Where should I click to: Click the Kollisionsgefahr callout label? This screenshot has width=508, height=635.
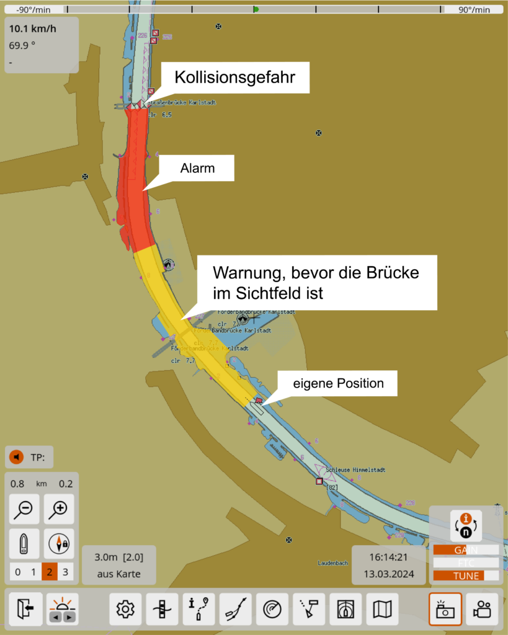click(234, 78)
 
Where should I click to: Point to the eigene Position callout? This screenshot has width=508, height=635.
click(339, 383)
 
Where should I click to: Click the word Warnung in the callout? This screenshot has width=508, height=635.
click(245, 273)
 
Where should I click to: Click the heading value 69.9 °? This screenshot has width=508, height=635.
click(22, 45)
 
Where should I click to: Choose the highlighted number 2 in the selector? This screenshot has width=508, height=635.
click(50, 572)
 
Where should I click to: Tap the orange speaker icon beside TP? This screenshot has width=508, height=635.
click(17, 458)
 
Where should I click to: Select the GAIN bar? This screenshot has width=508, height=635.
click(465, 550)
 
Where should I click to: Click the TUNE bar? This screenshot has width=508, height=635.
click(465, 575)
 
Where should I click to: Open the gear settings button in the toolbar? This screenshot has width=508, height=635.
click(125, 610)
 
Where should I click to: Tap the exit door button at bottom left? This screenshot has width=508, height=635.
click(25, 610)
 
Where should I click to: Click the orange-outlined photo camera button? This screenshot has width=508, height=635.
click(445, 610)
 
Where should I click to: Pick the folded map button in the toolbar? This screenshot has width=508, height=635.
click(383, 610)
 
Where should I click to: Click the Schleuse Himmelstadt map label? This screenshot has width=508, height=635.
click(355, 470)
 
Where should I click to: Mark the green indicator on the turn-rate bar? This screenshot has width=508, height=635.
click(256, 9)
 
